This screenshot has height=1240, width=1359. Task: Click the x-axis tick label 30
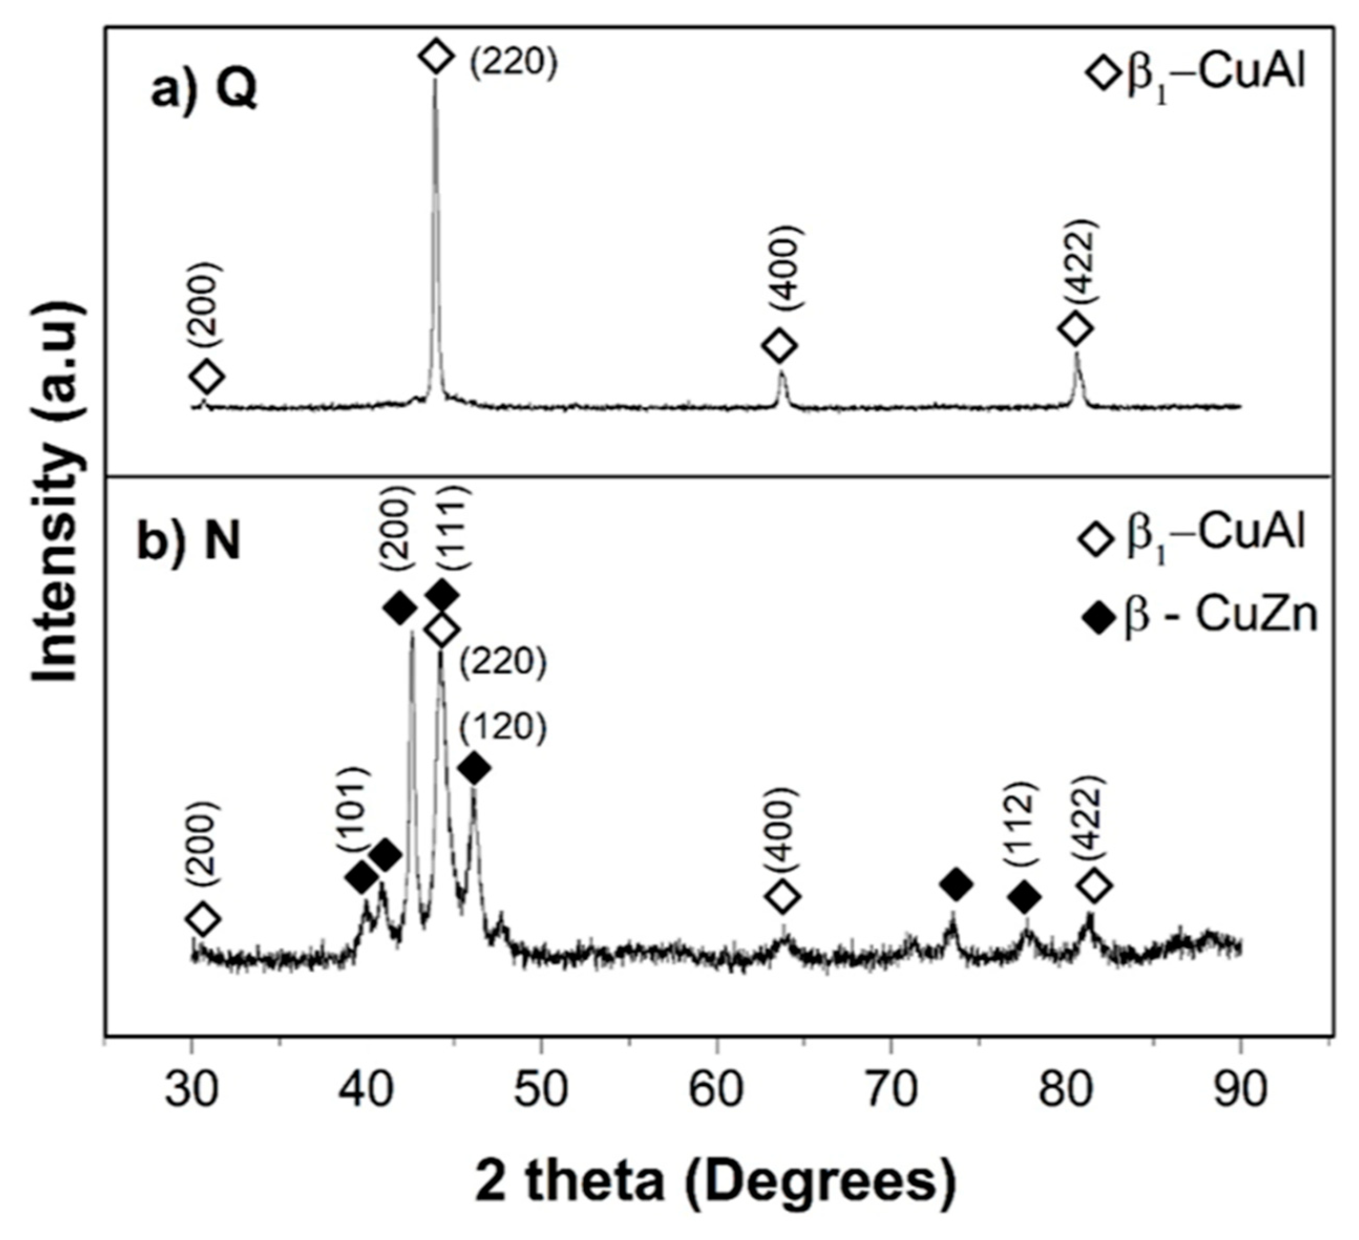192,1089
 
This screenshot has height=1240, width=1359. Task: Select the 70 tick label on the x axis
891,1089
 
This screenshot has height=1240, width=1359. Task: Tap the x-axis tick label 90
1240,1089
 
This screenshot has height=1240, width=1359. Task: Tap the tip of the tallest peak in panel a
435,80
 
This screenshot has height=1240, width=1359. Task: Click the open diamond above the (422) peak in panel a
1075,329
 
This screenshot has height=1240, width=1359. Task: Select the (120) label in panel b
503,729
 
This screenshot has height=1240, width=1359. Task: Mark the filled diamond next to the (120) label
474,768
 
